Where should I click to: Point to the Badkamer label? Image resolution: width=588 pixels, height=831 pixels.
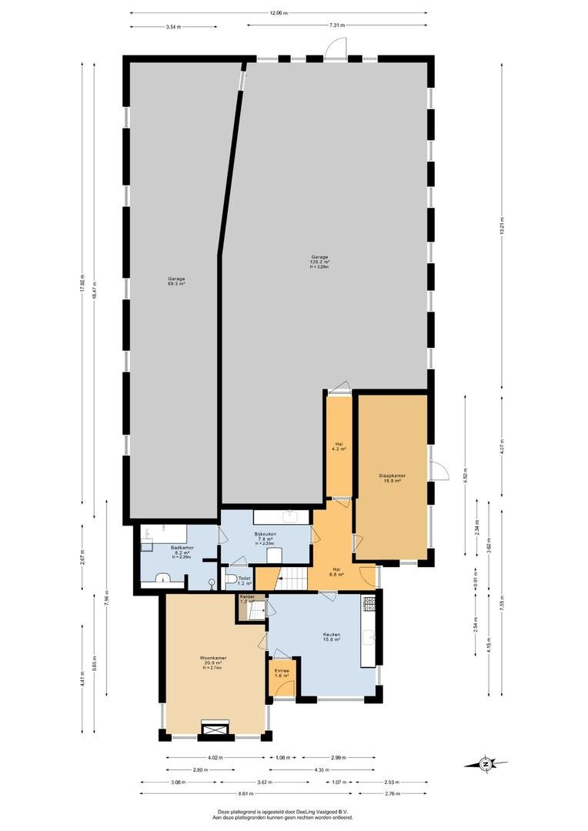pyautogui.click(x=182, y=551)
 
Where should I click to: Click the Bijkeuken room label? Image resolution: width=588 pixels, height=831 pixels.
pyautogui.click(x=266, y=538)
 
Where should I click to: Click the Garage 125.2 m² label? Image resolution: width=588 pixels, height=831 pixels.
pyautogui.click(x=319, y=262)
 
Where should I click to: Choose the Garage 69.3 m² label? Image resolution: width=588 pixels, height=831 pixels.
pyautogui.click(x=176, y=282)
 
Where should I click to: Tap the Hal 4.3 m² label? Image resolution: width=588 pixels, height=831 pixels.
pyautogui.click(x=339, y=446)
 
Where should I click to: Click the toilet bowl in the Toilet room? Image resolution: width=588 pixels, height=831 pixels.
pyautogui.click(x=231, y=579)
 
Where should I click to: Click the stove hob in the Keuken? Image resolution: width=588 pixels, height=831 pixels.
pyautogui.click(x=369, y=605)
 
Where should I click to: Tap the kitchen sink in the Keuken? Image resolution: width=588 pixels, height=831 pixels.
pyautogui.click(x=371, y=637)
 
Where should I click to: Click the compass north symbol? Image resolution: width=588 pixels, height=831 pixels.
pyautogui.click(x=486, y=764)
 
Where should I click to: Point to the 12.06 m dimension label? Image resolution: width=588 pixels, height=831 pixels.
pyautogui.click(x=279, y=13)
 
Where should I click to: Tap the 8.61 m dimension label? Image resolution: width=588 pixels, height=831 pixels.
pyautogui.click(x=246, y=793)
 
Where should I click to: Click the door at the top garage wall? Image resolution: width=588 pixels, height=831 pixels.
pyautogui.click(x=335, y=52)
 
